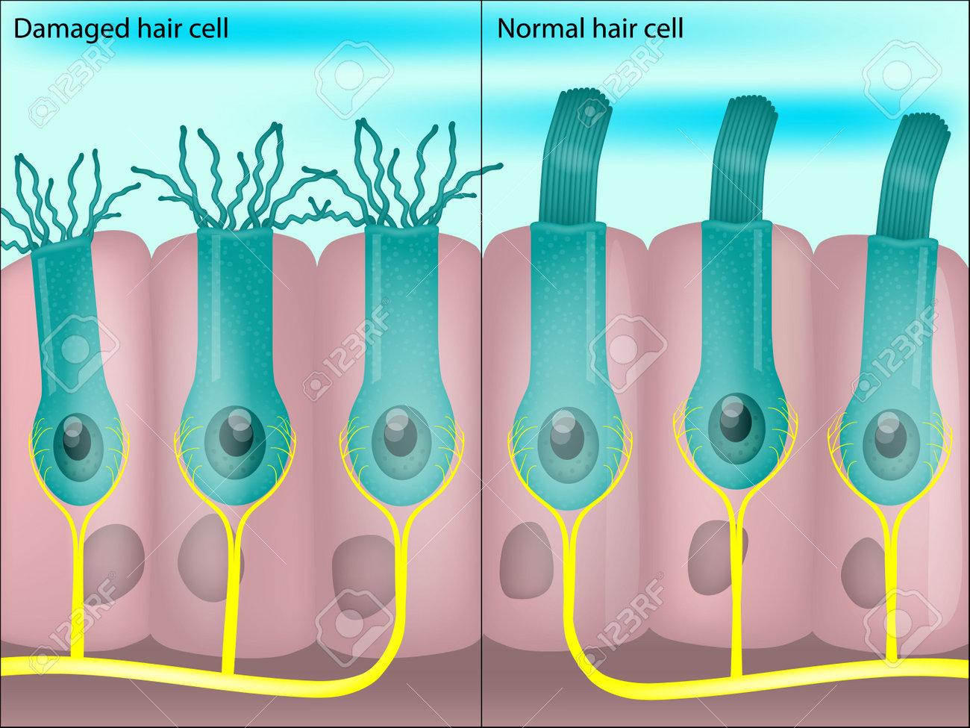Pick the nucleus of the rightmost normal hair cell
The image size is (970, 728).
coord(889,435)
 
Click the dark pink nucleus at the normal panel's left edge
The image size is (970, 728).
coord(526,559)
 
